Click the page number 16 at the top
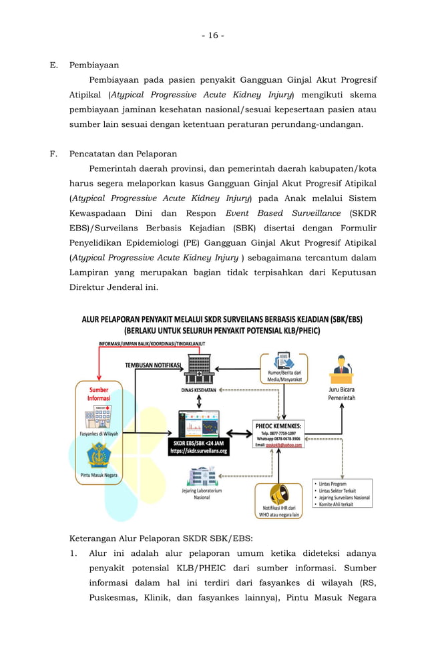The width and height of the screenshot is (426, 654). [x=213, y=35]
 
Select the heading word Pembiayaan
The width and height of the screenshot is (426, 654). [x=93, y=65]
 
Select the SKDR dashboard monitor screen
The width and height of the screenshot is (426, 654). [x=199, y=424]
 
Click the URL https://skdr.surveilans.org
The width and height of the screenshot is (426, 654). [x=199, y=451]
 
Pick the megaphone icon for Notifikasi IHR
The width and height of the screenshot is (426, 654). [x=278, y=494]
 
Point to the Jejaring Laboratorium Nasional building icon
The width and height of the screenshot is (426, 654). [x=201, y=476]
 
